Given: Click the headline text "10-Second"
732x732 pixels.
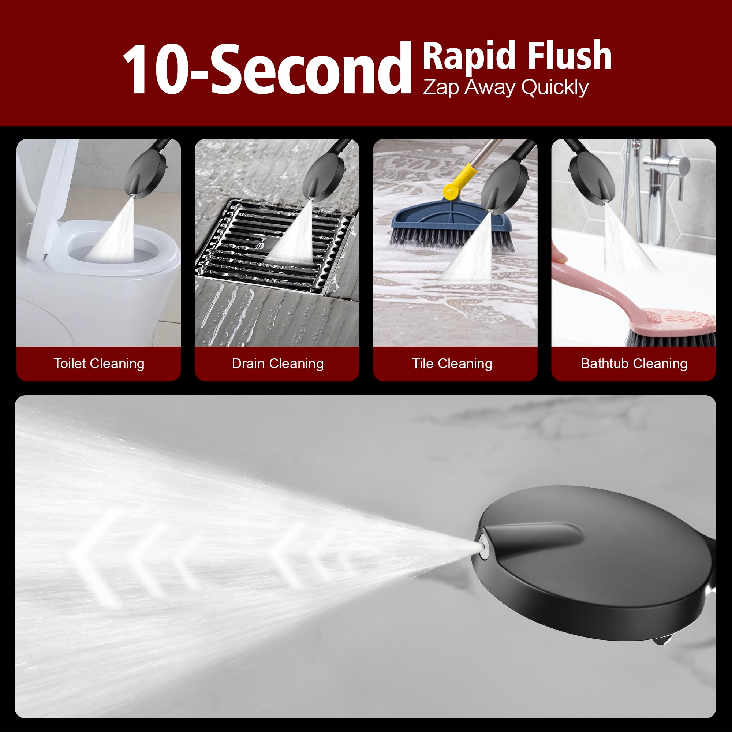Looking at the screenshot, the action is click(x=266, y=69).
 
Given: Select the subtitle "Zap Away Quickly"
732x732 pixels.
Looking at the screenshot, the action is click(x=505, y=87).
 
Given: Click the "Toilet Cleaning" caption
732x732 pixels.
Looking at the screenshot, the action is click(x=99, y=363).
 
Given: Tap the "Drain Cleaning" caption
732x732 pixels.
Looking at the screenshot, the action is click(x=278, y=363).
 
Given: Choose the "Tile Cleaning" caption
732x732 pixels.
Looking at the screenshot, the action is click(x=452, y=363).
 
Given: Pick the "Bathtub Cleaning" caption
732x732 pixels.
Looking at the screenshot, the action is click(x=634, y=363).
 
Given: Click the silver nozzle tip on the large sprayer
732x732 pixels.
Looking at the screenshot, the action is click(x=484, y=547).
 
